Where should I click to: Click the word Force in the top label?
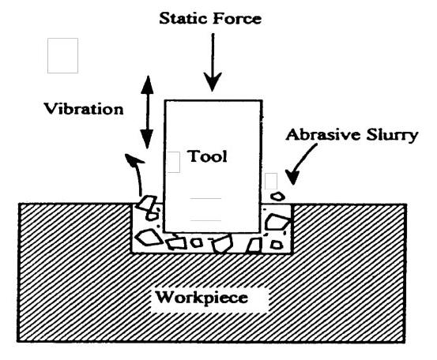click(238, 19)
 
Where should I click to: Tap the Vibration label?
click(84, 109)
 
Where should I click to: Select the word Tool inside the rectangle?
click(207, 156)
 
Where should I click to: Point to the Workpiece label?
click(202, 298)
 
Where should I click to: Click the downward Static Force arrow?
click(213, 62)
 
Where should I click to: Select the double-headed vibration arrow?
click(147, 112)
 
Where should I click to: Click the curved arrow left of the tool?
click(137, 173)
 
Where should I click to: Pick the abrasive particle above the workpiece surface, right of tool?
click(277, 197)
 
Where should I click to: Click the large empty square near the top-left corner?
click(62, 56)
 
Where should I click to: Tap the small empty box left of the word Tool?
click(174, 162)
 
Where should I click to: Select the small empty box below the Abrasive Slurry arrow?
click(271, 182)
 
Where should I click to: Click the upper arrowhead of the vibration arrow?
click(147, 84)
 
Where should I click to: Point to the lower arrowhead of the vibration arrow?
click(147, 139)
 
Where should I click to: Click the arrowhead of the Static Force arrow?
click(213, 82)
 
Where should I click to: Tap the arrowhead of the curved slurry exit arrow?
click(133, 158)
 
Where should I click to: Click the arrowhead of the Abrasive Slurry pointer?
click(292, 178)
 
